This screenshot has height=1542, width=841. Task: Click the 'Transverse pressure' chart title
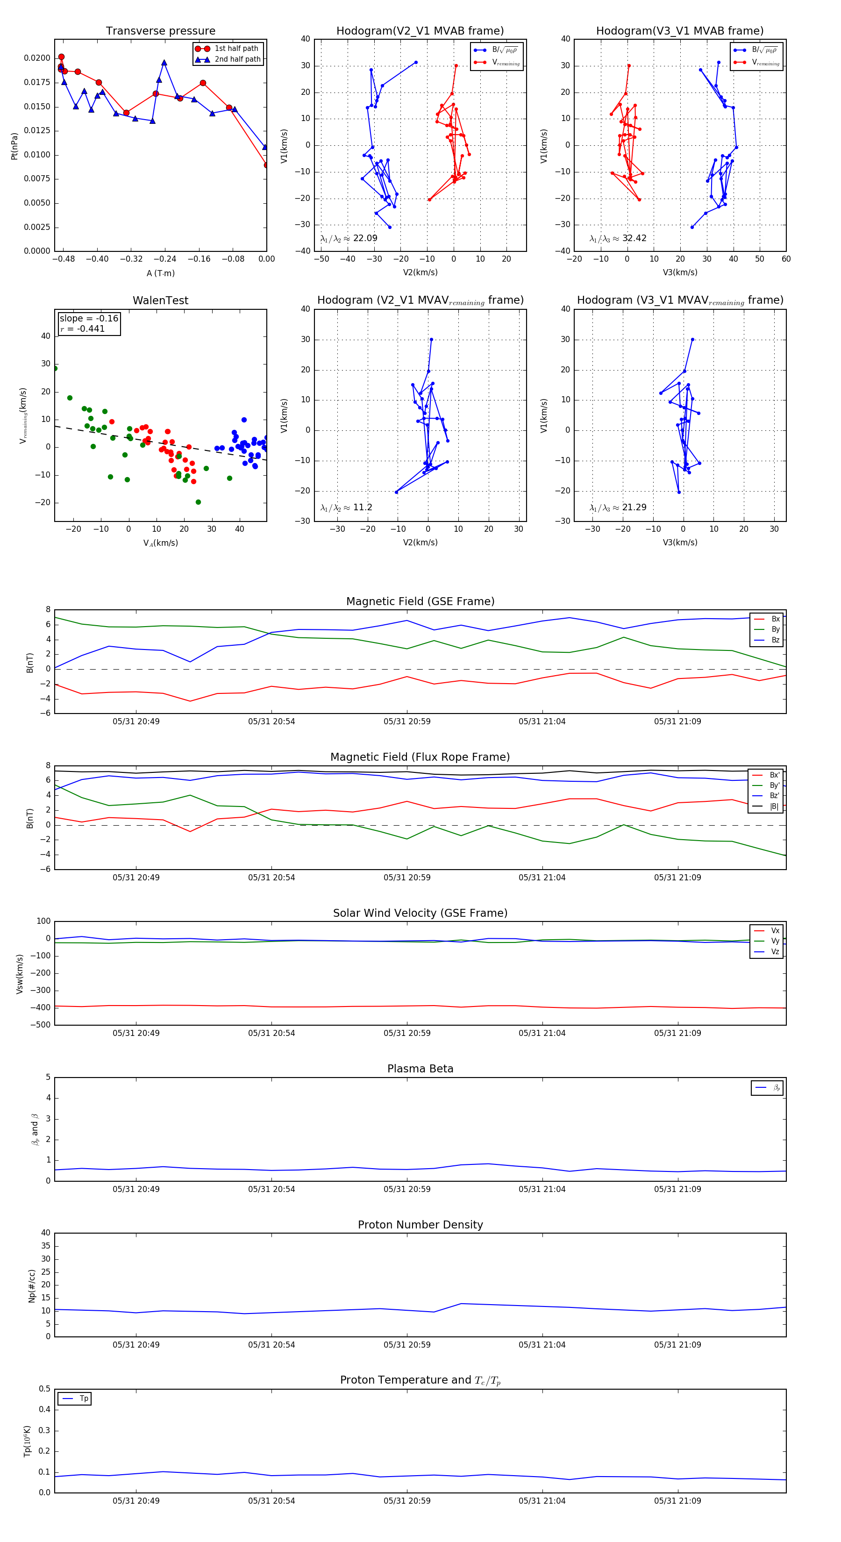[x=160, y=31]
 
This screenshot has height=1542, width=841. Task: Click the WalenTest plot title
[x=160, y=300]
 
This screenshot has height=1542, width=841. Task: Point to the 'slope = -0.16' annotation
[x=89, y=319]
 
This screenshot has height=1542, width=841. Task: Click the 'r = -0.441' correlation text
[x=83, y=328]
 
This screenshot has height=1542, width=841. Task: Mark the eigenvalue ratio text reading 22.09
[x=349, y=238]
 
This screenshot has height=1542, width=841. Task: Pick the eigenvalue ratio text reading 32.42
[x=618, y=238]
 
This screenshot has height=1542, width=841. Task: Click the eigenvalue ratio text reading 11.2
[x=346, y=507]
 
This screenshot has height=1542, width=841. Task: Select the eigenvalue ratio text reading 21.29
[x=618, y=507]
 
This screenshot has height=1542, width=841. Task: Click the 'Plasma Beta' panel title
[x=420, y=1069]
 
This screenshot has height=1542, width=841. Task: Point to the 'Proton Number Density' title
[x=420, y=1225]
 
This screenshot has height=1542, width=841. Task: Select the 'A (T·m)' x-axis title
[x=160, y=273]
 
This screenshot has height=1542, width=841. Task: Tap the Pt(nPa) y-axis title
[x=14, y=146]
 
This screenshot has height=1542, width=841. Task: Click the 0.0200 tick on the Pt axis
[x=37, y=58]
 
